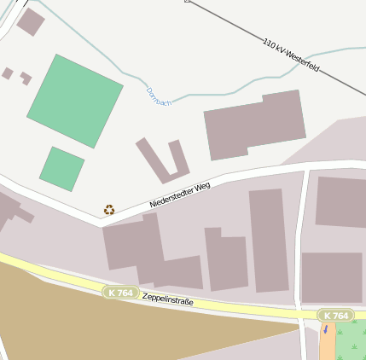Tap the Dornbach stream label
click(x=159, y=96)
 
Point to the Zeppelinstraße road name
click(x=167, y=300)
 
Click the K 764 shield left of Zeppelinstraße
click(x=121, y=293)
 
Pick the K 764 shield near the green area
click(x=336, y=316)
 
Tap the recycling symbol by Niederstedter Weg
click(x=109, y=209)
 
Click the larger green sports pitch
click(x=75, y=100)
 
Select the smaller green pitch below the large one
click(x=61, y=168)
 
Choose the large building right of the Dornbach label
click(x=254, y=125)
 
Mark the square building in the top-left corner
click(x=31, y=22)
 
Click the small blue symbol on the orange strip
click(x=324, y=329)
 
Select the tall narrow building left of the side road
click(x=269, y=240)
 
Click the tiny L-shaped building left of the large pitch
click(x=26, y=78)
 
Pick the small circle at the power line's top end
click(x=187, y=1)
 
